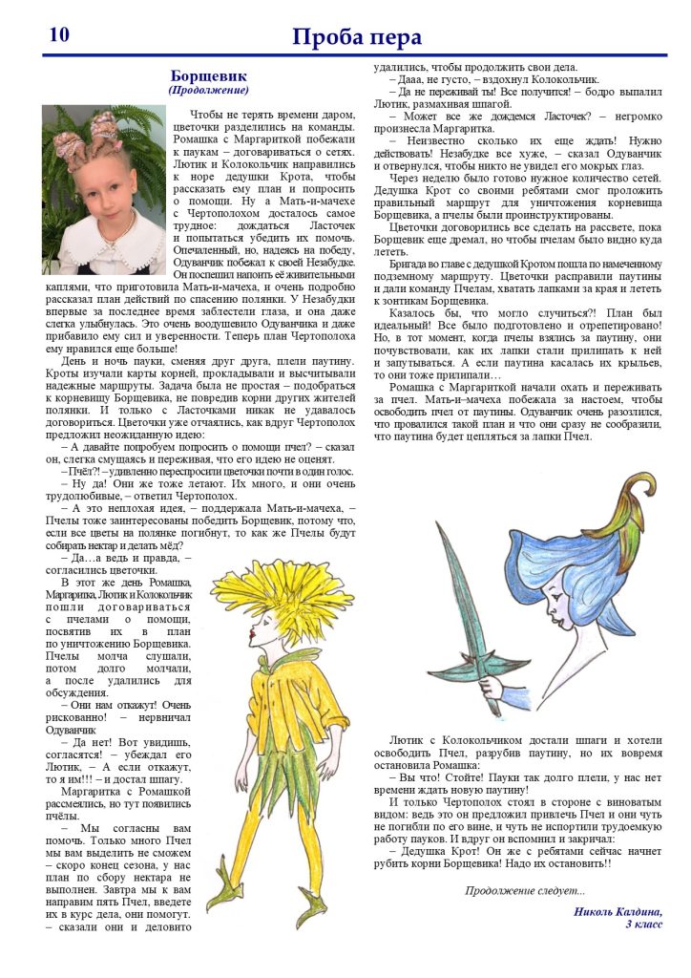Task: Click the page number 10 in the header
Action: pos(58,34)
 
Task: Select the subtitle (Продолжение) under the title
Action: pos(208,90)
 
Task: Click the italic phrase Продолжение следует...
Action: pos(525,890)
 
